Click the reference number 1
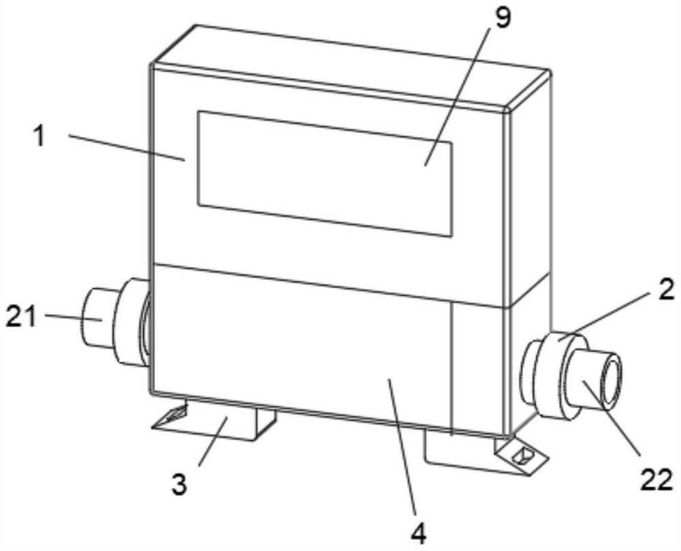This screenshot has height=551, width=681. click(40, 136)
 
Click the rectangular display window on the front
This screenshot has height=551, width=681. click(325, 174)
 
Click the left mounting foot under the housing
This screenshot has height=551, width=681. click(225, 422)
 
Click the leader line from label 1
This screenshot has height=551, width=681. click(126, 147)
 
